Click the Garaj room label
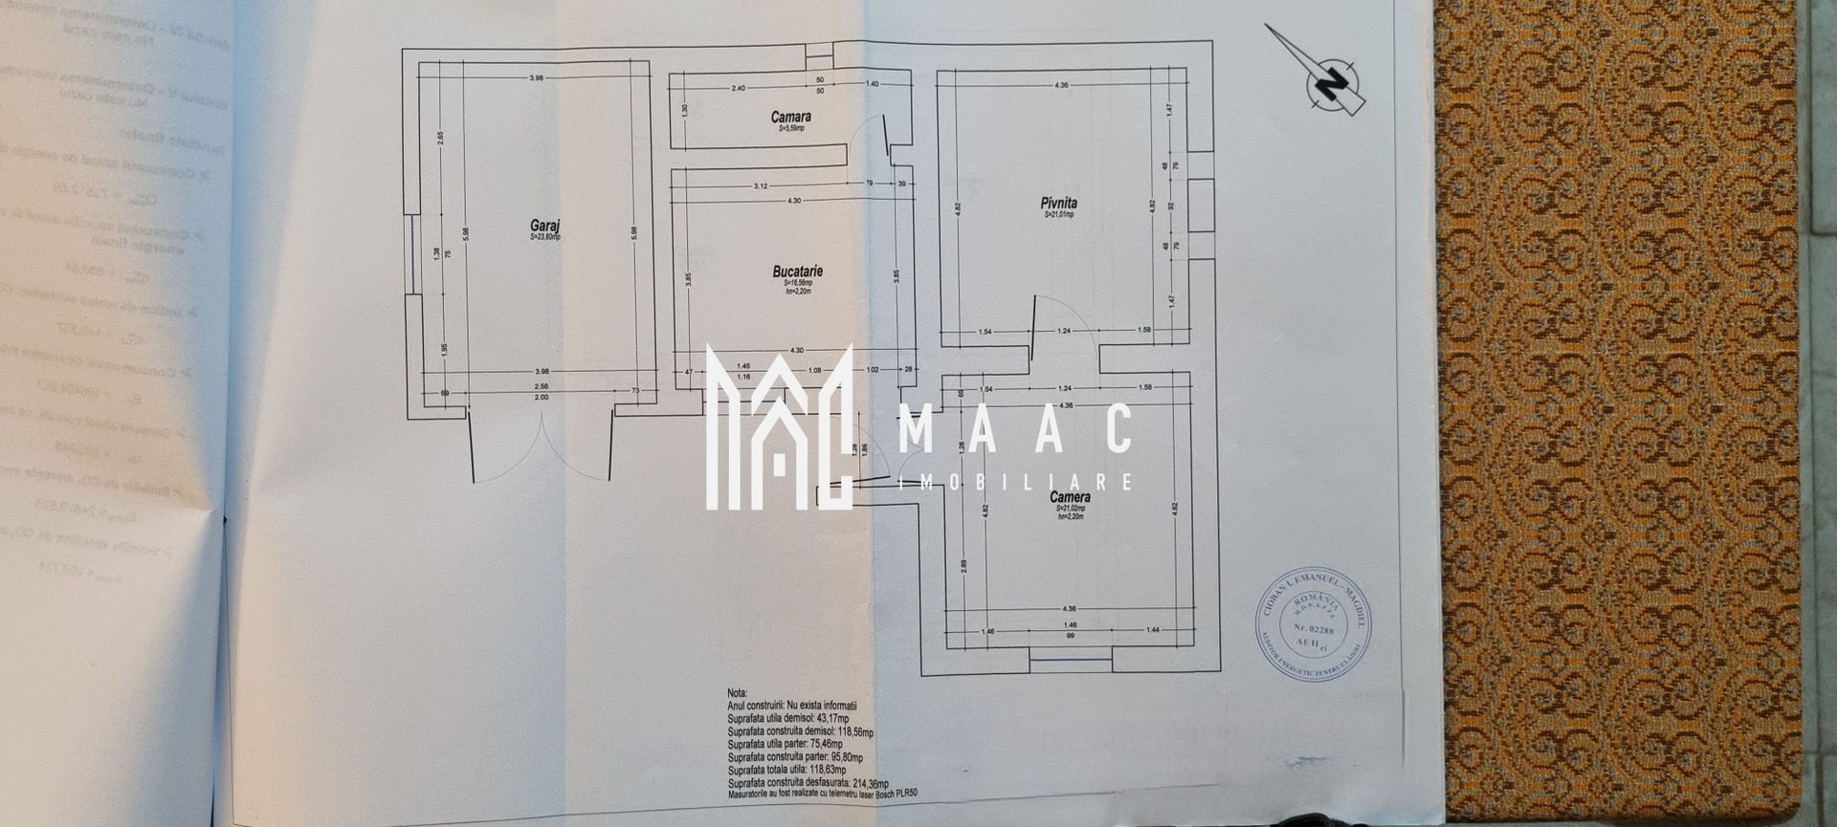pyautogui.click(x=546, y=226)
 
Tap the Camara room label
pyautogui.click(x=790, y=117)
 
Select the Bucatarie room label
pyautogui.click(x=797, y=272)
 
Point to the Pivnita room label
pyautogui.click(x=1058, y=203)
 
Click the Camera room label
pyautogui.click(x=1069, y=497)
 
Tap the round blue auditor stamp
pyautogui.click(x=1312, y=624)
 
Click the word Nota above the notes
pyautogui.click(x=737, y=693)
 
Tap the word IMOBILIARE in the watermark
pyautogui.click(x=1016, y=482)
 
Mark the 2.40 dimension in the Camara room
pyautogui.click(x=738, y=88)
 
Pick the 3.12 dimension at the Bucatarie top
pyautogui.click(x=761, y=185)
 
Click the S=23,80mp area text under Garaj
pyautogui.click(x=545, y=236)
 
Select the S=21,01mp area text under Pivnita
pyautogui.click(x=1058, y=215)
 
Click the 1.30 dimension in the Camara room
pyautogui.click(x=685, y=110)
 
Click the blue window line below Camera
pyautogui.click(x=1070, y=659)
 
